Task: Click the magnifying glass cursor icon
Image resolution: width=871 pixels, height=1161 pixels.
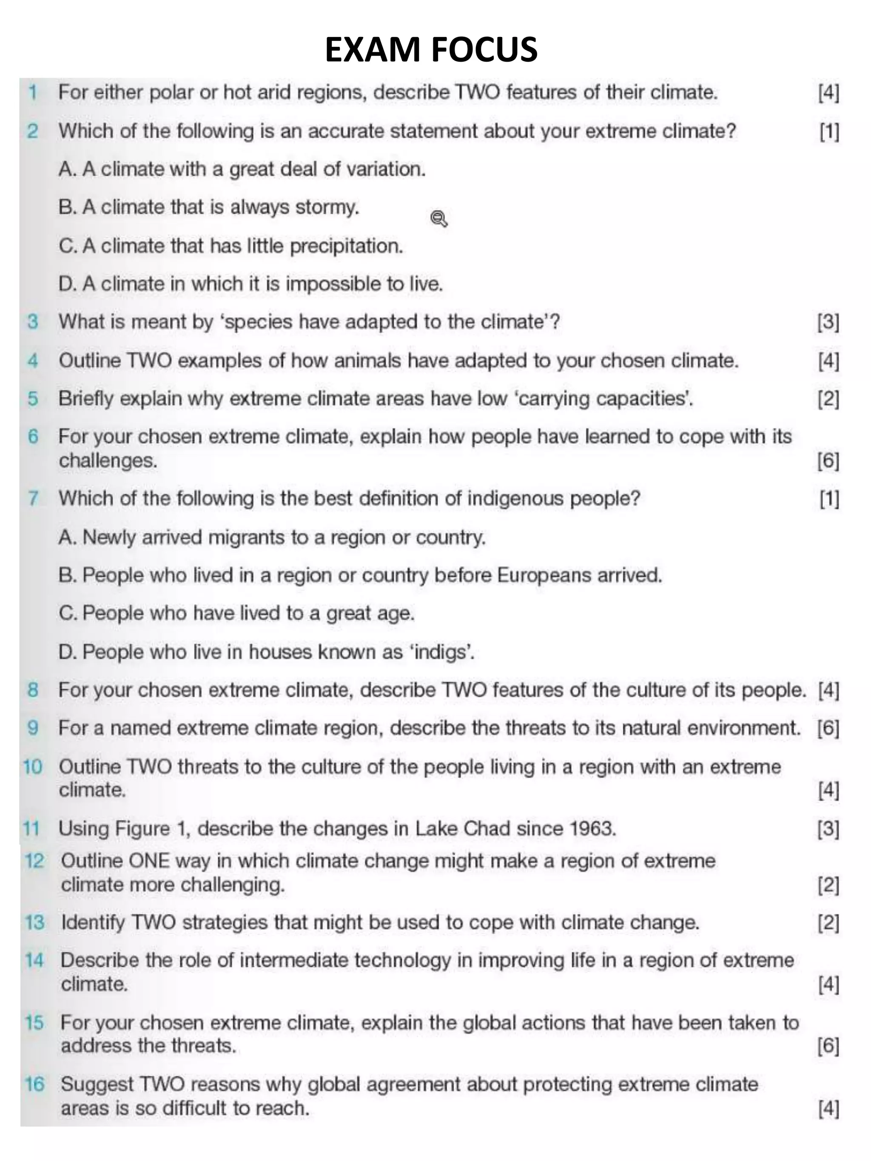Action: (439, 219)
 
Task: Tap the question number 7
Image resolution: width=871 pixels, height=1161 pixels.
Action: (33, 498)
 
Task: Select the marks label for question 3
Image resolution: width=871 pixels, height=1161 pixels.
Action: (828, 322)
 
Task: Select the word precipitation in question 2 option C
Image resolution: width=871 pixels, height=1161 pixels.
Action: (347, 246)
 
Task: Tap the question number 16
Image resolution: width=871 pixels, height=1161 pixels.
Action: (34, 1085)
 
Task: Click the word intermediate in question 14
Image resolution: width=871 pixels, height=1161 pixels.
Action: (298, 960)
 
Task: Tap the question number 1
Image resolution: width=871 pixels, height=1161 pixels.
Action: (33, 93)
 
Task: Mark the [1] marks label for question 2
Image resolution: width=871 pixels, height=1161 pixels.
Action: (828, 132)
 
